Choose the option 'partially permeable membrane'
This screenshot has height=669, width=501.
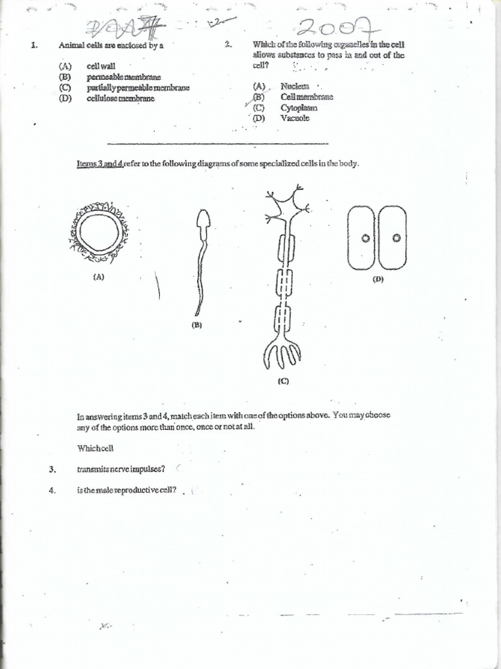[x=137, y=88]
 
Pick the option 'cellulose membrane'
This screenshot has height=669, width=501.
[x=120, y=98]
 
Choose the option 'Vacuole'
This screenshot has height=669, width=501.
[x=296, y=118]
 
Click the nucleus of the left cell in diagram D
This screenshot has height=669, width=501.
[x=366, y=238]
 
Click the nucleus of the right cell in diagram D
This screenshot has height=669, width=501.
[x=395, y=238]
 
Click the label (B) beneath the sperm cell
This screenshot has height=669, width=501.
[x=196, y=325]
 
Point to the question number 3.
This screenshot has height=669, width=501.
[x=52, y=469]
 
